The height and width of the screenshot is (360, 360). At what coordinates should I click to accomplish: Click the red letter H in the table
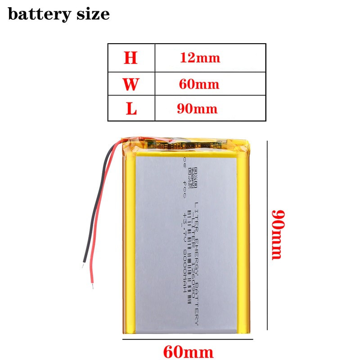131,58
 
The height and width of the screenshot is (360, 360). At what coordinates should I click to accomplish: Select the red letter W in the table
131,84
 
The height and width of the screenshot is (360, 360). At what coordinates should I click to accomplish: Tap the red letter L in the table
131,108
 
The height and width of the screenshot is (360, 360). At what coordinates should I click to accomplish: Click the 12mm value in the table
200,58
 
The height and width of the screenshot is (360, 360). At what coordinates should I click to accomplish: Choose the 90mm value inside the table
199,108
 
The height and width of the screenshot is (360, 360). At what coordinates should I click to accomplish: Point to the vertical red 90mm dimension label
276,234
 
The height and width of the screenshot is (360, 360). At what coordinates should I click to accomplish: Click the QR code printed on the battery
193,177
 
